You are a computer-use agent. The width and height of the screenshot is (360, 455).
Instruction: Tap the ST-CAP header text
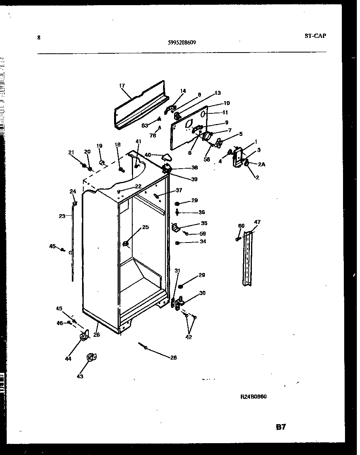[315, 36]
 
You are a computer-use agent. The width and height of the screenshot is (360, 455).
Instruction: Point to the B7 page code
[281, 427]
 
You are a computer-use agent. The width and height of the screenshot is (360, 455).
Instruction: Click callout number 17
[122, 85]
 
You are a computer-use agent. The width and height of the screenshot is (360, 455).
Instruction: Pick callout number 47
[257, 223]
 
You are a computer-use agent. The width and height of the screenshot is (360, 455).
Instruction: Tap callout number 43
[80, 376]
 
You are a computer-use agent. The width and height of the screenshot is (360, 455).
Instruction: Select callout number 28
[173, 358]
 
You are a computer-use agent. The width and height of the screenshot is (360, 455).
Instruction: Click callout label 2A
[261, 164]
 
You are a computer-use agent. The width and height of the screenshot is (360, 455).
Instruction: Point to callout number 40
[148, 155]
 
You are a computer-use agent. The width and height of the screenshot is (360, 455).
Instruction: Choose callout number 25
[145, 227]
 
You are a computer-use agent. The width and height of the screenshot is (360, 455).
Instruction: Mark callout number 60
[241, 226]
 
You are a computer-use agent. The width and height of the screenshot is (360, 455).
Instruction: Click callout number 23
[62, 216]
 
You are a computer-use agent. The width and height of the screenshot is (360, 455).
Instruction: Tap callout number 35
[204, 223]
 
